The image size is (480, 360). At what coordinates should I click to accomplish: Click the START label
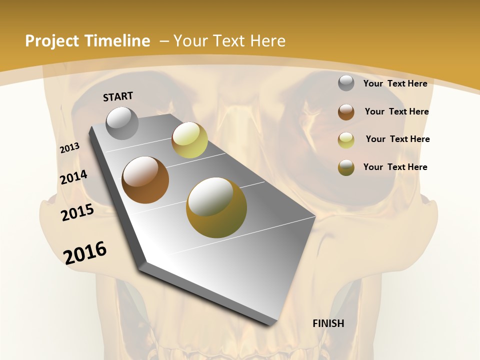tap(118, 96)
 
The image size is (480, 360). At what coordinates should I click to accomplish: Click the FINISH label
tap(328, 323)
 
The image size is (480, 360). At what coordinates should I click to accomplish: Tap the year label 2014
tap(74, 177)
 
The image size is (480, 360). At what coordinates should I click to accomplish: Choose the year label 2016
tap(85, 252)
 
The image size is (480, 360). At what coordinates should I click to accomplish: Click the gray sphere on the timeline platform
tap(122, 123)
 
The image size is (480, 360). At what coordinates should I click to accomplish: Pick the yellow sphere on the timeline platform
tap(189, 140)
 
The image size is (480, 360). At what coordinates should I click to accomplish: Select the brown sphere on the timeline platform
tap(145, 180)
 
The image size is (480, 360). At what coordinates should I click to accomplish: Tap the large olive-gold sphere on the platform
tap(216, 207)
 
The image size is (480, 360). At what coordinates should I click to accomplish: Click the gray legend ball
tap(346, 83)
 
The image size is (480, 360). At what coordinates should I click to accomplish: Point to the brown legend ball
tap(346, 112)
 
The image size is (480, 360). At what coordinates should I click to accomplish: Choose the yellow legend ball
tap(346, 140)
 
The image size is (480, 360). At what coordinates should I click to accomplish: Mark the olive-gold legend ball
tap(346, 167)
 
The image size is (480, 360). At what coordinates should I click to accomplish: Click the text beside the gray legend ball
tap(395, 83)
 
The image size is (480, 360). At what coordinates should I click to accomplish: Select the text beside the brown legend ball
tap(396, 111)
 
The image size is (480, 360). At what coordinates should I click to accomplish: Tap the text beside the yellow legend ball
tap(397, 139)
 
